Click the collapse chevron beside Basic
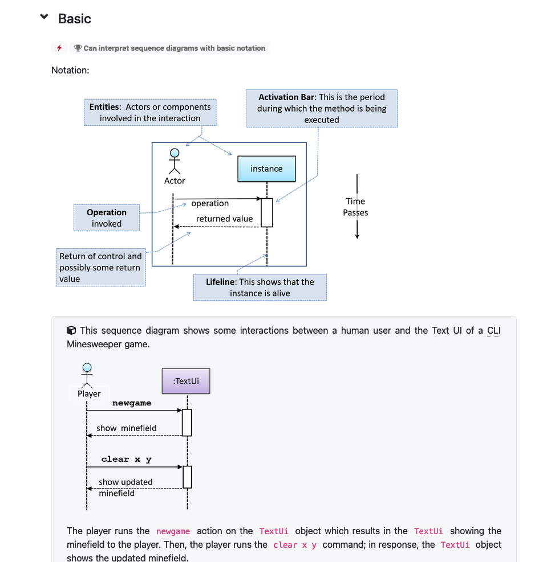tap(44, 17)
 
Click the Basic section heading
tap(75, 19)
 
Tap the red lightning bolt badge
tap(59, 48)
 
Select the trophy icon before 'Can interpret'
tap(78, 48)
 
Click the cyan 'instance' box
tap(266, 169)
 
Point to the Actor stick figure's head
tap(175, 153)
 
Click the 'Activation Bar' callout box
tap(322, 108)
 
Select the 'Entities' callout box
tap(150, 113)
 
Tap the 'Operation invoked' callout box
tap(107, 218)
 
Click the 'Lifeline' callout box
tap(260, 288)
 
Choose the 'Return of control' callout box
tap(101, 268)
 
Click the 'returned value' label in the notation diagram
tap(224, 219)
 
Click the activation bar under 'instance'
tap(267, 212)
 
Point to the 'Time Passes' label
tap(355, 207)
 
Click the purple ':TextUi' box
tap(186, 381)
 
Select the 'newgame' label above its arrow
tap(132, 403)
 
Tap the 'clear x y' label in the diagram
tap(126, 459)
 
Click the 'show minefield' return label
tap(127, 428)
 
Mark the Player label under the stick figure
tap(89, 393)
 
